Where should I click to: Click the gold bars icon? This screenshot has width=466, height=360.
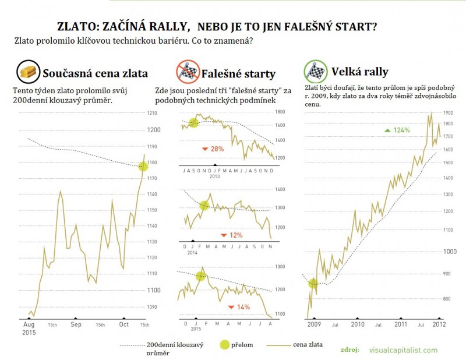(27, 72)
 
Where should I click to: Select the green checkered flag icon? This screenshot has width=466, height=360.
(315, 72)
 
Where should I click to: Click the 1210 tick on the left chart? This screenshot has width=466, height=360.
(151, 113)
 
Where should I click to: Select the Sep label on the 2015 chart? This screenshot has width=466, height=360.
(76, 325)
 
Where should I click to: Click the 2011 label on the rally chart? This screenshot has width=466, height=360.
(401, 325)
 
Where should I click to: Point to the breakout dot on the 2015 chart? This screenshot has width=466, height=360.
(143, 166)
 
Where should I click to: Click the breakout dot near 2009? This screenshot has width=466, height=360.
(314, 283)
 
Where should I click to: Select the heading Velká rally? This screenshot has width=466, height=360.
(359, 72)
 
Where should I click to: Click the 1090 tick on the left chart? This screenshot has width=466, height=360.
(151, 306)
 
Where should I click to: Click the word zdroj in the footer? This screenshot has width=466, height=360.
(349, 350)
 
